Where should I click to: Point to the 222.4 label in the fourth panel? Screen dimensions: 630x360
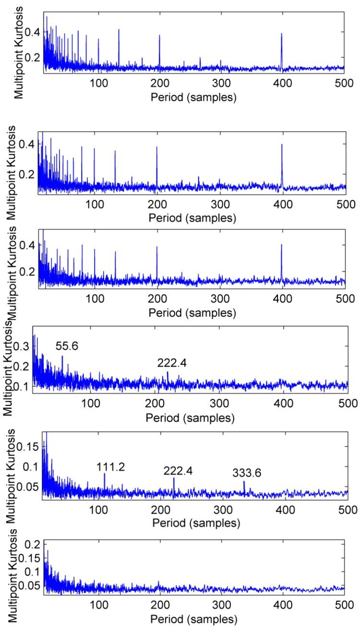[x=172, y=364]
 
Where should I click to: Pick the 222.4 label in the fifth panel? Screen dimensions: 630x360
[x=178, y=471]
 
